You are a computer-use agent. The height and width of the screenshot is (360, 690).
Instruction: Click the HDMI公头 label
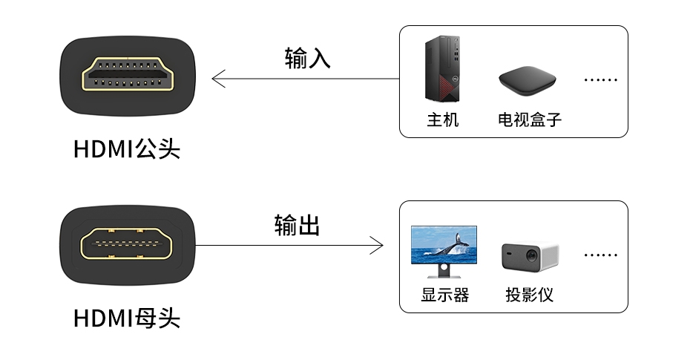127,149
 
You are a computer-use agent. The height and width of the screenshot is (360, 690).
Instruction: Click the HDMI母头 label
127,318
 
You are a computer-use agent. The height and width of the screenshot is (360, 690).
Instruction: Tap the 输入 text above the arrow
307,59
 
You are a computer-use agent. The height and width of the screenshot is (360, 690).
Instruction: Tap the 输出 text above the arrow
297,226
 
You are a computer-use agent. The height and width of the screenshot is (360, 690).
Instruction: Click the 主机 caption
442,120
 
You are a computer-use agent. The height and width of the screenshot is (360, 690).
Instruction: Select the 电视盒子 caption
529,120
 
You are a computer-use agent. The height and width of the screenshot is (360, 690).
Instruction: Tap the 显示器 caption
445,295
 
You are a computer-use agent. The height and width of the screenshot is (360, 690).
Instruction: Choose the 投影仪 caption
530,295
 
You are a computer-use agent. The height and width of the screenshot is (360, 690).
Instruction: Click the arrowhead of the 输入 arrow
217,79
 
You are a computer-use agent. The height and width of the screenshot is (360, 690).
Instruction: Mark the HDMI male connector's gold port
128,76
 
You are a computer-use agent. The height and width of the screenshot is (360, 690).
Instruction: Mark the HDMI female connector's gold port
128,245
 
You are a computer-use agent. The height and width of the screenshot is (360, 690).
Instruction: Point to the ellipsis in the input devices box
600,80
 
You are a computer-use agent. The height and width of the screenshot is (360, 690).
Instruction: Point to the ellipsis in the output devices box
600,255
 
